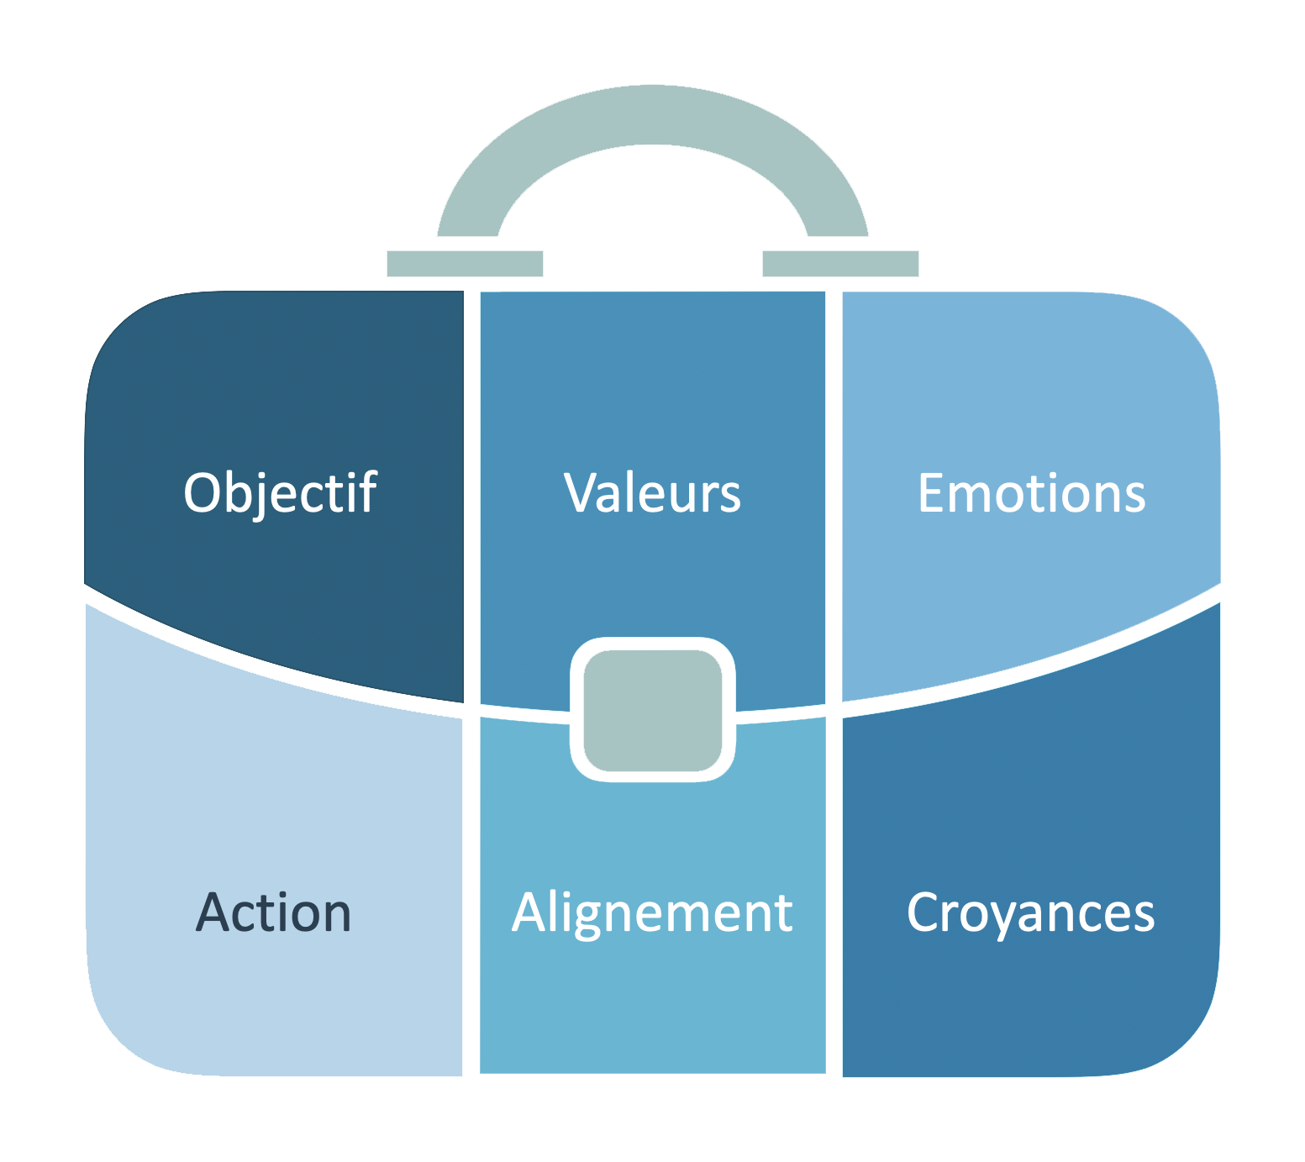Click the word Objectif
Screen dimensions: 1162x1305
(280, 493)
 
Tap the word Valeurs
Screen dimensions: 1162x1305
(653, 493)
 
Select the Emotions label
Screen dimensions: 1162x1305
(1031, 493)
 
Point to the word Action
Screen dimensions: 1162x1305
(274, 913)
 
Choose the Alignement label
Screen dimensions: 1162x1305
(653, 913)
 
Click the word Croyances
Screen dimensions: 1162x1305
(1031, 913)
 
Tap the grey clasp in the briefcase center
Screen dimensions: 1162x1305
(653, 710)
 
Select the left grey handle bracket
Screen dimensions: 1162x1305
(465, 263)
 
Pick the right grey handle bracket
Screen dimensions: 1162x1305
(840, 263)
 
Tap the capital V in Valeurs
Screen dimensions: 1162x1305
(580, 493)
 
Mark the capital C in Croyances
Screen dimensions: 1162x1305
(924, 913)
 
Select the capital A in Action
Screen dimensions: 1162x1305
(213, 913)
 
